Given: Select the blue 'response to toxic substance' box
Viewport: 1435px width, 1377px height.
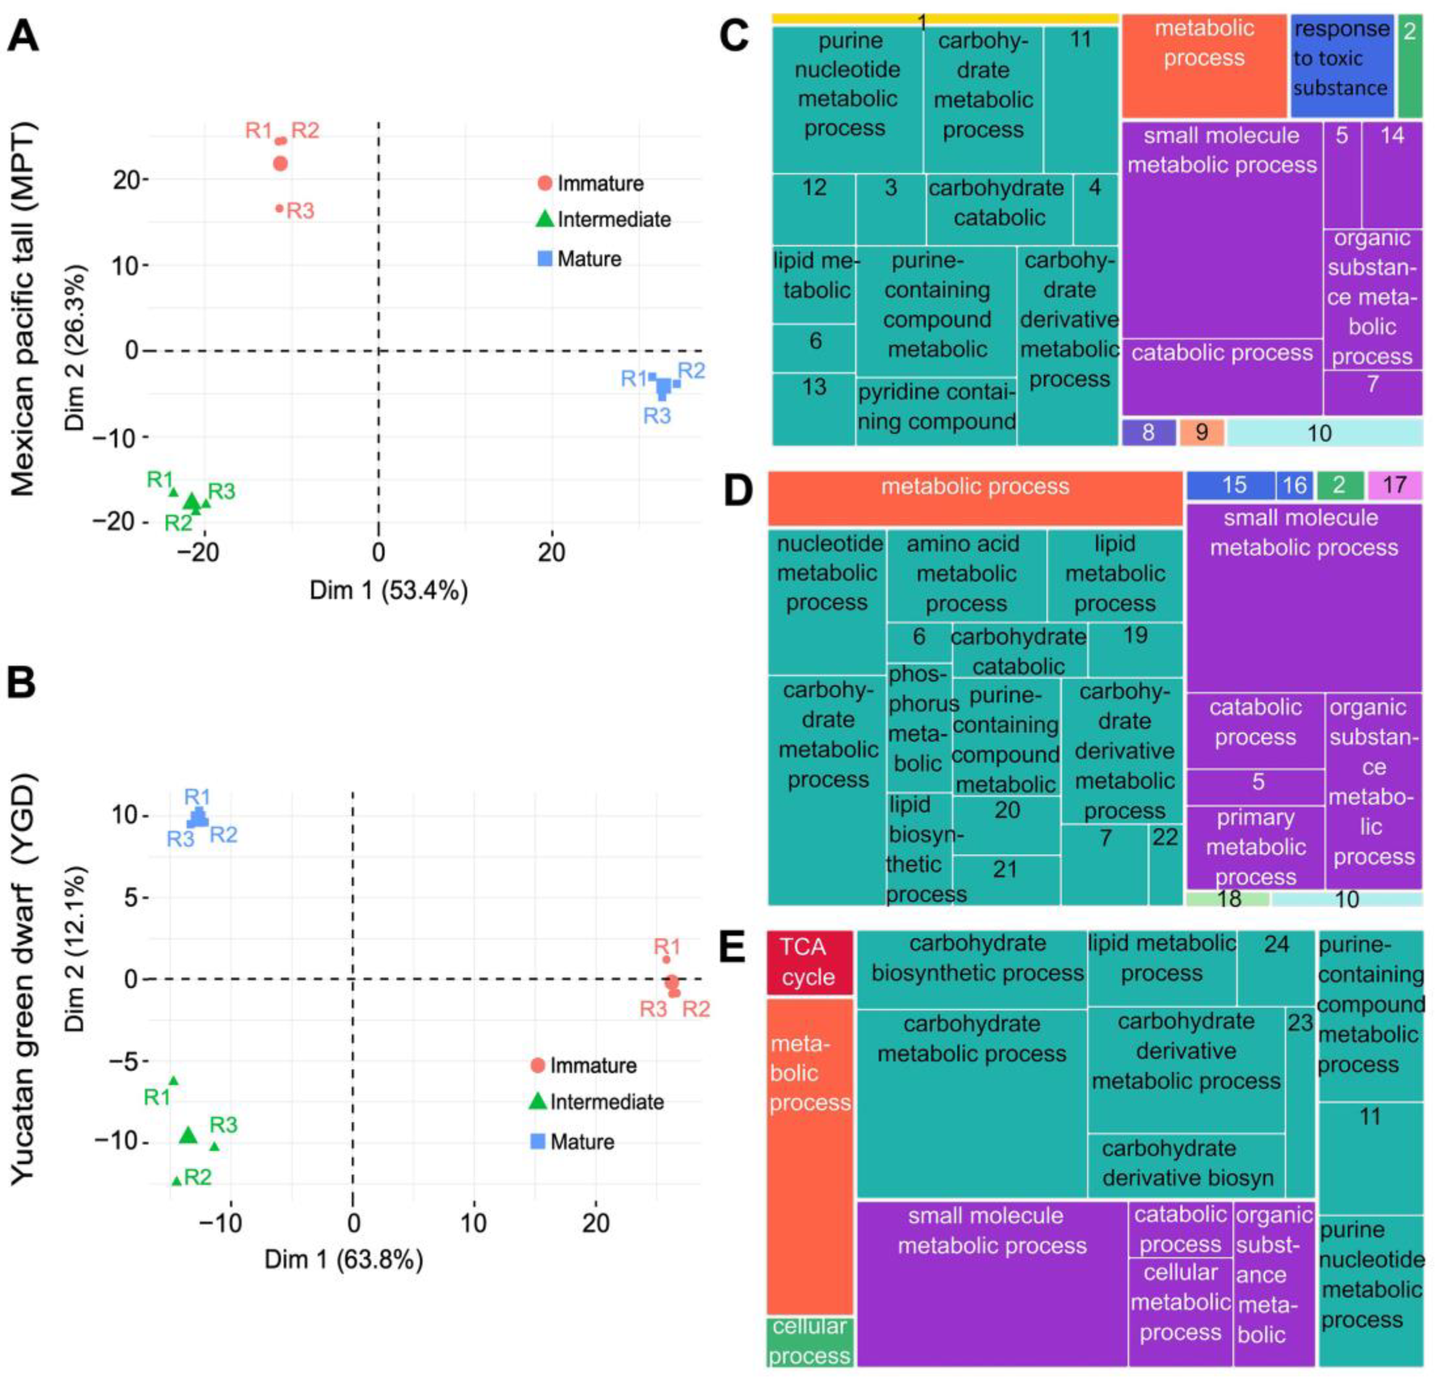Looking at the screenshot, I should click(x=1341, y=64).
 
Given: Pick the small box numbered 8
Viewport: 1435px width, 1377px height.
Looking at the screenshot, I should click(x=1148, y=432).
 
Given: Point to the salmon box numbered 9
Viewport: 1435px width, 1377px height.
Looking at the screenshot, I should click(x=1201, y=432).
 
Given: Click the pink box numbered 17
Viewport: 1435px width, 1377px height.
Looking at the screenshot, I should click(x=1394, y=485).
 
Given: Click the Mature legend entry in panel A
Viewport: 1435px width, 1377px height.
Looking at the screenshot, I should click(x=579, y=258).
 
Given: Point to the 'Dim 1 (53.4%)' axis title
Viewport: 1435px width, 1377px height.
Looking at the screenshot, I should click(x=388, y=590).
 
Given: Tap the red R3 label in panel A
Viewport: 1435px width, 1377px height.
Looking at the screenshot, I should click(x=300, y=211).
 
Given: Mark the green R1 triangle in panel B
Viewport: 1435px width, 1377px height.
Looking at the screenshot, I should click(x=173, y=1080).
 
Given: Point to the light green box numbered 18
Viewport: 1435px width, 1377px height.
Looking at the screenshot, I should click(x=1229, y=899).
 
